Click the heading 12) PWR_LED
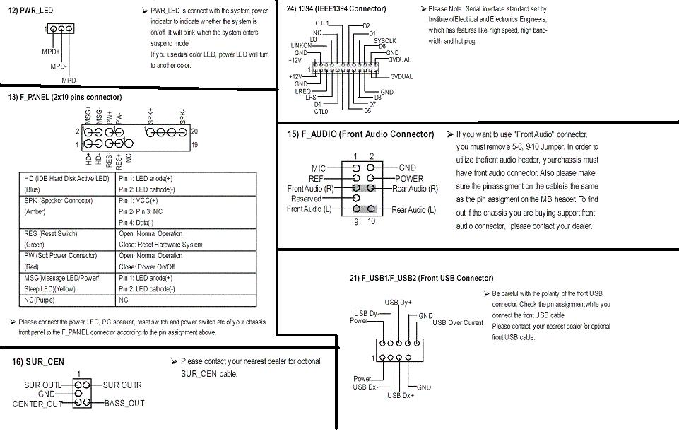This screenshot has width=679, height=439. coord(32,11)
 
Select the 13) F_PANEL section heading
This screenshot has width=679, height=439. coord(65,97)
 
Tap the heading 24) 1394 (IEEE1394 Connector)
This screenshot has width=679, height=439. coord(336,8)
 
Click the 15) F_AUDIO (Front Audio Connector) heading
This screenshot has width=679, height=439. coord(360,134)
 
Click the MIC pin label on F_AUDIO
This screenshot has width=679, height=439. coord(319,168)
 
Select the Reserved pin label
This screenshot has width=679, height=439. coord(306,199)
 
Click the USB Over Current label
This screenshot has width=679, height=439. coord(458,322)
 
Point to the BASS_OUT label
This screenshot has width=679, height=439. coord(124,403)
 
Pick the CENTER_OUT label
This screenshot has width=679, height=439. coord(37,404)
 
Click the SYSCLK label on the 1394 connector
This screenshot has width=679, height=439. coord(384,41)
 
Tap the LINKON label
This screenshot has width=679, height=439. coord(301,45)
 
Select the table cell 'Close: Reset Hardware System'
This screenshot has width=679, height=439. coord(160,245)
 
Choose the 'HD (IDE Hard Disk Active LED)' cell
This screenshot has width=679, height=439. coord(67,178)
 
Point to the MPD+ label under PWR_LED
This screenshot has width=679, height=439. coord(51,52)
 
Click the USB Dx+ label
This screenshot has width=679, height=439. coord(401,395)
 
